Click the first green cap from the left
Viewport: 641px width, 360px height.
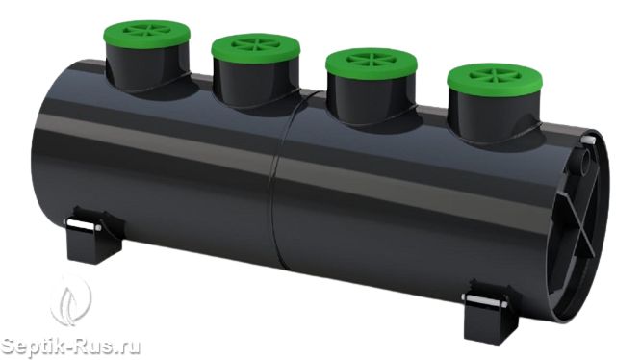(x=146, y=35)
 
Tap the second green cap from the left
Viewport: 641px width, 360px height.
(x=256, y=48)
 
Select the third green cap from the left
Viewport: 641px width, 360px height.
(x=372, y=64)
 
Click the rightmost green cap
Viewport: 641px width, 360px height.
(x=495, y=80)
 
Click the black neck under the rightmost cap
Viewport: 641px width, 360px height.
(x=494, y=117)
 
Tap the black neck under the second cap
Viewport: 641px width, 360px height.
(x=255, y=83)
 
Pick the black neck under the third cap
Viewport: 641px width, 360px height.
(x=371, y=100)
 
